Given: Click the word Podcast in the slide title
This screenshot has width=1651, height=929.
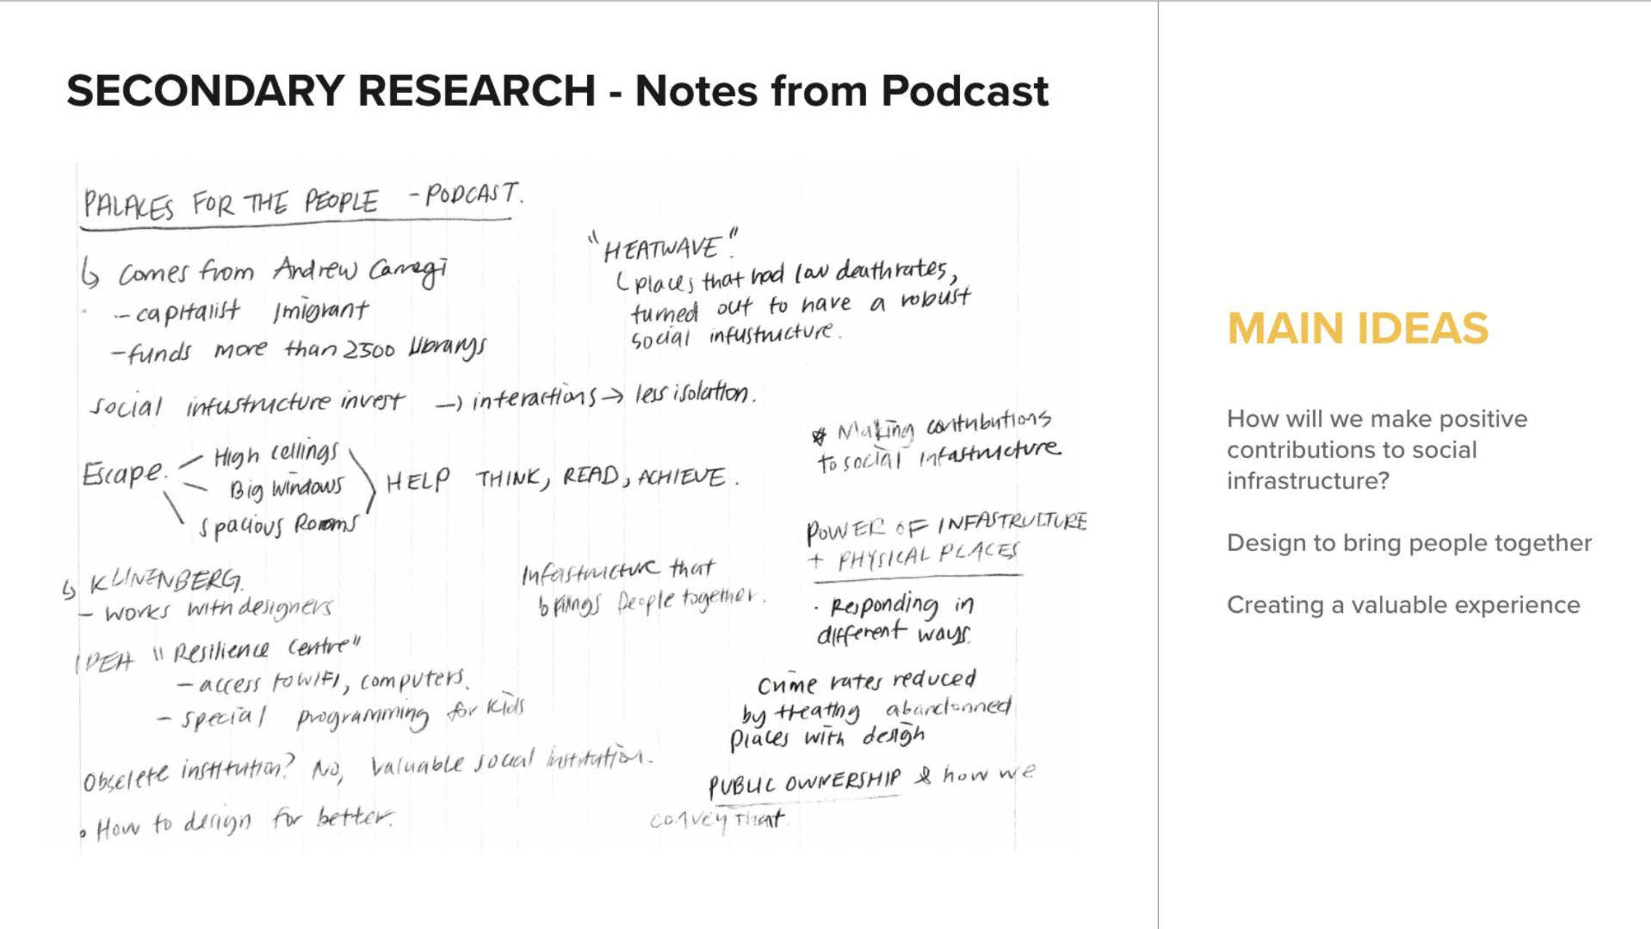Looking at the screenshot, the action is point(964,92).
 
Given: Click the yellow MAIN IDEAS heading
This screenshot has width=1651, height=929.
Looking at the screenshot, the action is point(1357,329).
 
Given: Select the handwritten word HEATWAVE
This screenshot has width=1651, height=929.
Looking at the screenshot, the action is point(661,249).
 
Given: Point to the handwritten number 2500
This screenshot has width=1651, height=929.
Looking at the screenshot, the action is point(369,350).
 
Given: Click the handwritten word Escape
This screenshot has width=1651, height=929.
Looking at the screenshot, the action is point(123,474).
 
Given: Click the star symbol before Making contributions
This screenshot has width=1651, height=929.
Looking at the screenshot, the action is point(819,436).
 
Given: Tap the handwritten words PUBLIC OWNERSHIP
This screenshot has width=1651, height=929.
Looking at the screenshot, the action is point(804,782).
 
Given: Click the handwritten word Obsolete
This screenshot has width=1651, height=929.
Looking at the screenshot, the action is point(125,779).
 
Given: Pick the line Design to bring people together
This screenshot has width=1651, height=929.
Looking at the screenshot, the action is point(1409,543).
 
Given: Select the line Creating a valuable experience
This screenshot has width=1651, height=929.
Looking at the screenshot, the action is point(1403,605).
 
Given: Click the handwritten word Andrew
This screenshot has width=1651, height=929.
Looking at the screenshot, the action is point(315,270).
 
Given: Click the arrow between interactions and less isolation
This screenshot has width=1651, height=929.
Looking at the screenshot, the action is point(611,396).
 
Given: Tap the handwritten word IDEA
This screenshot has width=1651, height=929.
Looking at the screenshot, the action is point(105,661).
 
